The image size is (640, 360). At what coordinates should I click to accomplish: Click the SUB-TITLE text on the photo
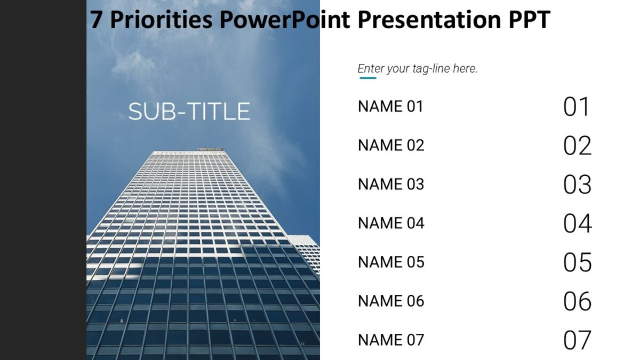[x=189, y=111]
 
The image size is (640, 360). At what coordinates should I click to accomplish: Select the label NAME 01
[x=390, y=106]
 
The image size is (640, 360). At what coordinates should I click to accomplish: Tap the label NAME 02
[x=391, y=145]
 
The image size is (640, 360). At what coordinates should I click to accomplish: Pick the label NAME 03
[x=391, y=184]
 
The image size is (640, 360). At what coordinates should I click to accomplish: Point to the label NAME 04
[x=391, y=223]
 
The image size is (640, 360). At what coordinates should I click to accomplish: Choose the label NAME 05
[x=391, y=262]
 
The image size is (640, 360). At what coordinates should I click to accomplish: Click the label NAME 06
[x=391, y=301]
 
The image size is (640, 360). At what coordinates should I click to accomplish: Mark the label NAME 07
[x=391, y=340]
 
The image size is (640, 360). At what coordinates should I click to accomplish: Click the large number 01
[x=577, y=107]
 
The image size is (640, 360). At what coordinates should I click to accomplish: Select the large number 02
[x=577, y=146]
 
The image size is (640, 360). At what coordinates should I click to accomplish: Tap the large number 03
[x=577, y=185]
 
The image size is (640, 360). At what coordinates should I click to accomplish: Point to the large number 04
[x=577, y=223]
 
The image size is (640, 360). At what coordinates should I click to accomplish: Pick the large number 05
[x=577, y=262]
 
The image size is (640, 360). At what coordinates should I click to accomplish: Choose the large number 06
[x=577, y=301]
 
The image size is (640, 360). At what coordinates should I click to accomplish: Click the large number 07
[x=577, y=340]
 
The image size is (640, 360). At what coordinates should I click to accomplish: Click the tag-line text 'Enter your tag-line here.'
[x=418, y=69]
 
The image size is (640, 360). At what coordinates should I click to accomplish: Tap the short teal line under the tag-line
[x=367, y=78]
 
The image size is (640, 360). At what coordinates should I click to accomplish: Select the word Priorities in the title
[x=161, y=20]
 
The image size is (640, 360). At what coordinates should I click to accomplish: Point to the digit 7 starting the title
[x=96, y=20]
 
